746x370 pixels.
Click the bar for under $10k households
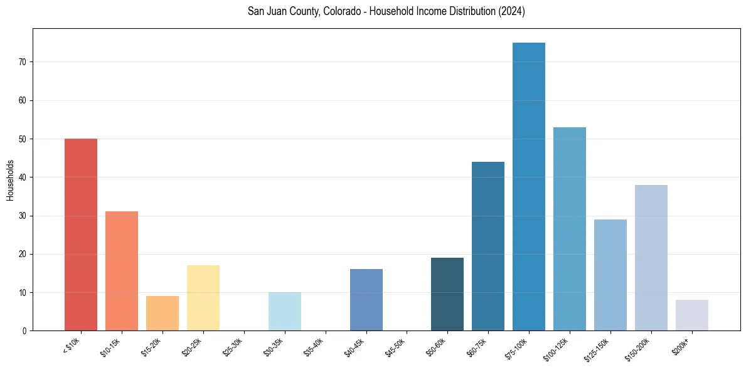(x=81, y=235)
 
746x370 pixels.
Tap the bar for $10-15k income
(x=122, y=271)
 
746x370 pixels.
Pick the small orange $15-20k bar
(x=163, y=314)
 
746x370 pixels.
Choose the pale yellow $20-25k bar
(x=203, y=298)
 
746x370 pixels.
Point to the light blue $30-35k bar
(x=285, y=312)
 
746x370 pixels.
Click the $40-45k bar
(x=366, y=300)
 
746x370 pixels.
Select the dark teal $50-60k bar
(x=447, y=294)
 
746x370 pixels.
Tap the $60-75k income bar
(x=488, y=246)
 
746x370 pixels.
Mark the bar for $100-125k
(x=570, y=229)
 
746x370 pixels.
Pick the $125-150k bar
(x=610, y=275)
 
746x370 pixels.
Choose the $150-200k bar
(x=651, y=258)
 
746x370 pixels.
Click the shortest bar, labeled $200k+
(x=692, y=315)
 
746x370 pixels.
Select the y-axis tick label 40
(x=25, y=177)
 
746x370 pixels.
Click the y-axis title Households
(x=11, y=180)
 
